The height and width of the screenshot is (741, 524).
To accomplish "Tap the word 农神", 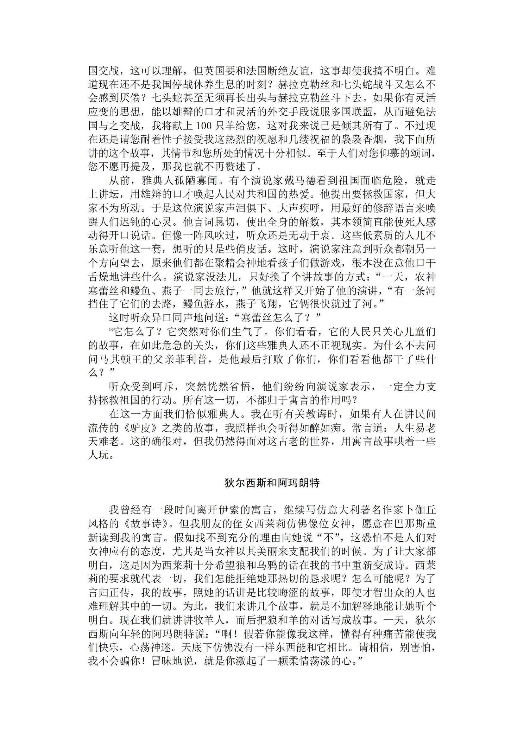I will [426, 277].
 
